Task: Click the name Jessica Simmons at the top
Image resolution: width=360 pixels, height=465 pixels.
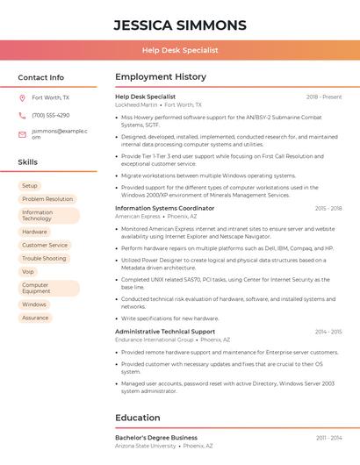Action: pyautogui.click(x=180, y=25)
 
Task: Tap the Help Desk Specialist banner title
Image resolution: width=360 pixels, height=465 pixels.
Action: pyautogui.click(x=180, y=50)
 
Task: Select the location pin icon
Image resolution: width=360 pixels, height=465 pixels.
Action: pyautogui.click(x=22, y=98)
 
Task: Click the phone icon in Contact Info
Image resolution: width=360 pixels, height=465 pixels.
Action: pyautogui.click(x=22, y=116)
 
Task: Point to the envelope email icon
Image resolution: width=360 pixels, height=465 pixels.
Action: pyautogui.click(x=22, y=134)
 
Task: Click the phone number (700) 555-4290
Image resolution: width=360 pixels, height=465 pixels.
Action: pyautogui.click(x=50, y=116)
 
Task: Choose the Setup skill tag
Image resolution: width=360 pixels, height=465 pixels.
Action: pyautogui.click(x=30, y=186)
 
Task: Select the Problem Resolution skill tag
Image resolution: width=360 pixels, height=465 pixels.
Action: pyautogui.click(x=47, y=199)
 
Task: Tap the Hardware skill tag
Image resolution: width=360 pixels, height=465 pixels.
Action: pyautogui.click(x=34, y=232)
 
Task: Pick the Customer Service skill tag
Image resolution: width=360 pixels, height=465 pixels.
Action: pyautogui.click(x=45, y=245)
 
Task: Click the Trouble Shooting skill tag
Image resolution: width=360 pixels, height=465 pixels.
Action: pyautogui.click(x=44, y=259)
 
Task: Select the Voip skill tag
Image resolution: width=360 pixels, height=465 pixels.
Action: pyautogui.click(x=28, y=272)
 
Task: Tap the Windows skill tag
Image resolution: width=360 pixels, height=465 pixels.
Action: pyautogui.click(x=33, y=304)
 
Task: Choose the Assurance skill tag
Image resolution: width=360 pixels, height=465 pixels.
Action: pyautogui.click(x=35, y=318)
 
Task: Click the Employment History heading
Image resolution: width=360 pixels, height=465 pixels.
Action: pyautogui.click(x=161, y=77)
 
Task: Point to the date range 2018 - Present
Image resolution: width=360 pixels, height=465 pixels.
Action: pyautogui.click(x=324, y=97)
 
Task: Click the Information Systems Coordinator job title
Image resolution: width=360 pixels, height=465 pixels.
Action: pyautogui.click(x=164, y=208)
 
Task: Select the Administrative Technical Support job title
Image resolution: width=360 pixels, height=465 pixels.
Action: pyautogui.click(x=165, y=332)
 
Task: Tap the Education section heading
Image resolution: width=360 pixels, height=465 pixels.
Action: pyautogui.click(x=139, y=418)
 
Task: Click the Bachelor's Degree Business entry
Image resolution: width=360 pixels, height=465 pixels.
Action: pyautogui.click(x=156, y=437)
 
